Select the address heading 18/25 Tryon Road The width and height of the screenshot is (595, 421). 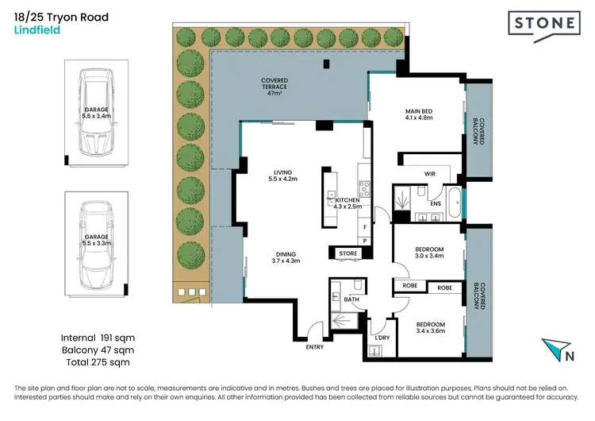(61, 17)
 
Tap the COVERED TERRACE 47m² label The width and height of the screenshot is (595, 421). (274, 87)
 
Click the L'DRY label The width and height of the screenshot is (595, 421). (382, 338)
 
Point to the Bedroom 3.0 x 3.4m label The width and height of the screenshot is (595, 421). (429, 253)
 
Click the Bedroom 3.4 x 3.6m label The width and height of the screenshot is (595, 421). (429, 328)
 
